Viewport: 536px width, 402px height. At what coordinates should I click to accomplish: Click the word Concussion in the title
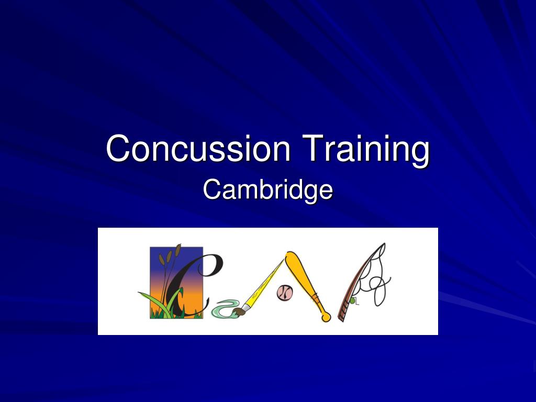click(x=198, y=148)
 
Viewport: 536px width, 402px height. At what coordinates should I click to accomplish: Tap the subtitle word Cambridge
click(x=267, y=191)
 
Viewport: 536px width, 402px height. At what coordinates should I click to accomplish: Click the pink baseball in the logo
click(x=285, y=293)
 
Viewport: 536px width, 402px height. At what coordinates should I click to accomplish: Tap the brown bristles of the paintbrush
click(x=239, y=311)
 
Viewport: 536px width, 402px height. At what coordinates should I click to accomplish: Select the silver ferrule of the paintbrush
click(x=248, y=306)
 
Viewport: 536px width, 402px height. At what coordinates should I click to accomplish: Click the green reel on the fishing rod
click(x=352, y=301)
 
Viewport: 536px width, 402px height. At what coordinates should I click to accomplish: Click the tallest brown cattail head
click(x=178, y=250)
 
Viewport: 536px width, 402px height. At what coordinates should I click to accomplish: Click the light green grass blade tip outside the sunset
click(x=140, y=293)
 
